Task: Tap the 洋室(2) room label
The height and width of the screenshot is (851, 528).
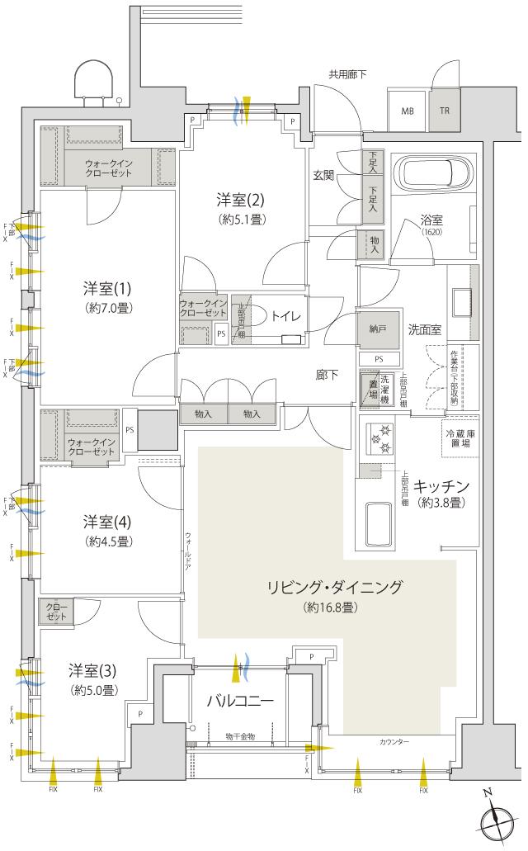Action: (x=240, y=199)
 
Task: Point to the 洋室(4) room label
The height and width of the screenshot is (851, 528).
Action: (x=107, y=522)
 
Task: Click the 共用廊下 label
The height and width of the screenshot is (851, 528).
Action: (x=347, y=73)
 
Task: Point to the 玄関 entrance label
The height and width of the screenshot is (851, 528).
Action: (x=323, y=175)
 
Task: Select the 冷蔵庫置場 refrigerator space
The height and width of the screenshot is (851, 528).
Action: (x=458, y=438)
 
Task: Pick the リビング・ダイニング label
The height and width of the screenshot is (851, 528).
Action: (x=333, y=588)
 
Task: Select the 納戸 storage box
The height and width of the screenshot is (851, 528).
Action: (x=378, y=329)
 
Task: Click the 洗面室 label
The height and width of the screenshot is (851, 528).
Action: (x=424, y=329)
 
